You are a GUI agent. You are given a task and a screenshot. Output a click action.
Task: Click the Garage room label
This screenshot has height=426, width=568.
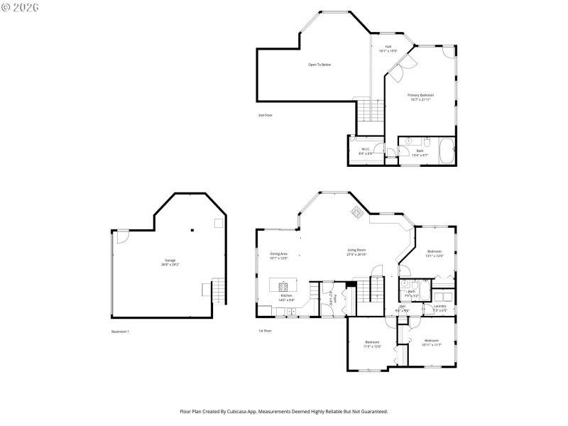click(170, 263)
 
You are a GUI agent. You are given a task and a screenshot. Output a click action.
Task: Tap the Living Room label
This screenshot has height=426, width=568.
click(356, 251)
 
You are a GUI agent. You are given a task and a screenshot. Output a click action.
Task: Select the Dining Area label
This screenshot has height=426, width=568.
click(278, 256)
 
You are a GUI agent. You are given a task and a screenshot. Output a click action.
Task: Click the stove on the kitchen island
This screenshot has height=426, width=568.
click(283, 288)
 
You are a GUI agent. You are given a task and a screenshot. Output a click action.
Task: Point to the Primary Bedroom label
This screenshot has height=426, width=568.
click(420, 97)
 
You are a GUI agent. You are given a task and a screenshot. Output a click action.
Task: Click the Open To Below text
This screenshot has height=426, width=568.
click(319, 65)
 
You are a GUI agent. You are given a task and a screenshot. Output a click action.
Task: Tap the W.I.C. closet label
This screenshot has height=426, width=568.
click(364, 151)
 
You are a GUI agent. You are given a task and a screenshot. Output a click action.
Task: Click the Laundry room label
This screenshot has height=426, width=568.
click(440, 308)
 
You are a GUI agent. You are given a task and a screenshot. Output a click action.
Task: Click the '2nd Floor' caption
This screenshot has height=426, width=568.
click(265, 115)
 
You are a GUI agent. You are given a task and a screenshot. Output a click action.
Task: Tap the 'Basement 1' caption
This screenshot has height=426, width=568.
click(120, 331)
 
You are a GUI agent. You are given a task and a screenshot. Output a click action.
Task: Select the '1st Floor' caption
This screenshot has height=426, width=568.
click(265, 331)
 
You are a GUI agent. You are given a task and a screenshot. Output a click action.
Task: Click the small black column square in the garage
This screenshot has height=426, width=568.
click(191, 229)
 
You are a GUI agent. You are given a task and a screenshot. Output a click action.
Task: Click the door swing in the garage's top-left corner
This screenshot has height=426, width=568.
click(122, 236)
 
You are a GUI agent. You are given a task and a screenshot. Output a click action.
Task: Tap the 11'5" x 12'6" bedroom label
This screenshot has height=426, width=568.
click(373, 344)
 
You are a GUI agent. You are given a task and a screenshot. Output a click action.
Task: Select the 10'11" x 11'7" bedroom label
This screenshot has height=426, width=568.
click(431, 342)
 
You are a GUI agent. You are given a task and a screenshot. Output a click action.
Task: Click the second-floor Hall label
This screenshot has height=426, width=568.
click(388, 48)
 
